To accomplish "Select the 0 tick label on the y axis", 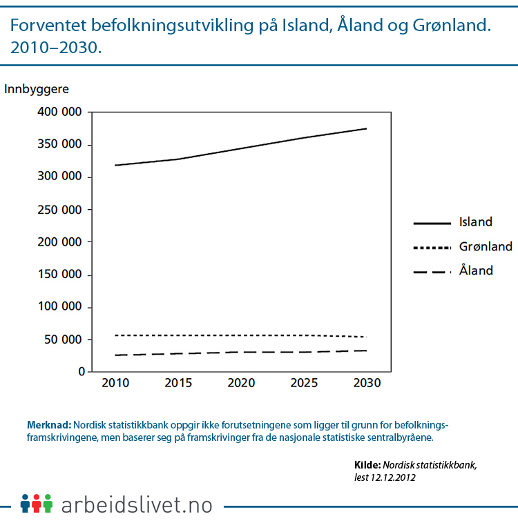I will coord(81,372).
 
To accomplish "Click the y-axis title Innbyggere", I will coord(37,88).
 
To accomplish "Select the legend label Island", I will coord(476,222).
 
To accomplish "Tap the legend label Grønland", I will coord(486,246).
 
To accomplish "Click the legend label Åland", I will coord(476,270).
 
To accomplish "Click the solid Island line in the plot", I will coord(240,148).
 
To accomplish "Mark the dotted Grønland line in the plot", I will coord(240,335).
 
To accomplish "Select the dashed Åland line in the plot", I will coord(240,352).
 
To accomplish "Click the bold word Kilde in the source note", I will coord(366,465).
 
